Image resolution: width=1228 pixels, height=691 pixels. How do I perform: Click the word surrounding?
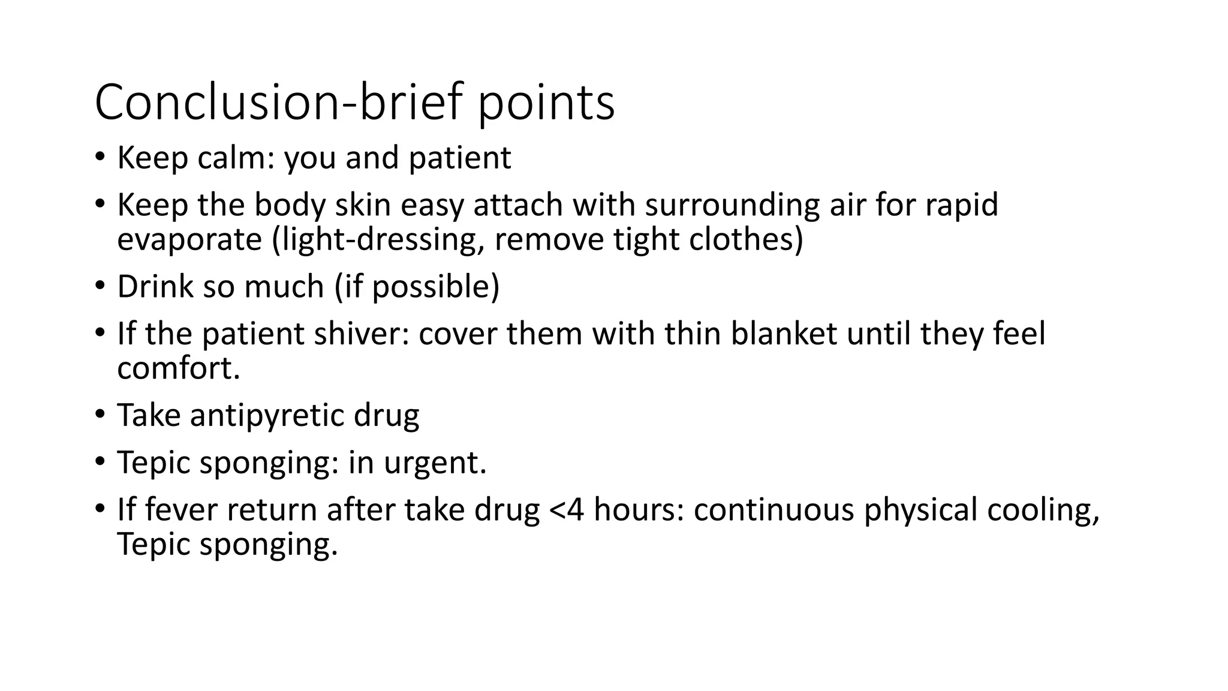pos(732,206)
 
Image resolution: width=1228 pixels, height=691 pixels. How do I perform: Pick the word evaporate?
pos(189,240)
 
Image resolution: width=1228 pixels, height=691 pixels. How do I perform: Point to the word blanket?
pos(783,334)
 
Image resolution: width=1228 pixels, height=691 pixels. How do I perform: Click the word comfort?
pos(178,368)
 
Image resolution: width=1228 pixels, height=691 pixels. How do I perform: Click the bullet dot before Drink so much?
pos(100,286)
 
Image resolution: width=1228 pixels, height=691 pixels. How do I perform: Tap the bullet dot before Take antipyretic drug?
pos(100,414)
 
